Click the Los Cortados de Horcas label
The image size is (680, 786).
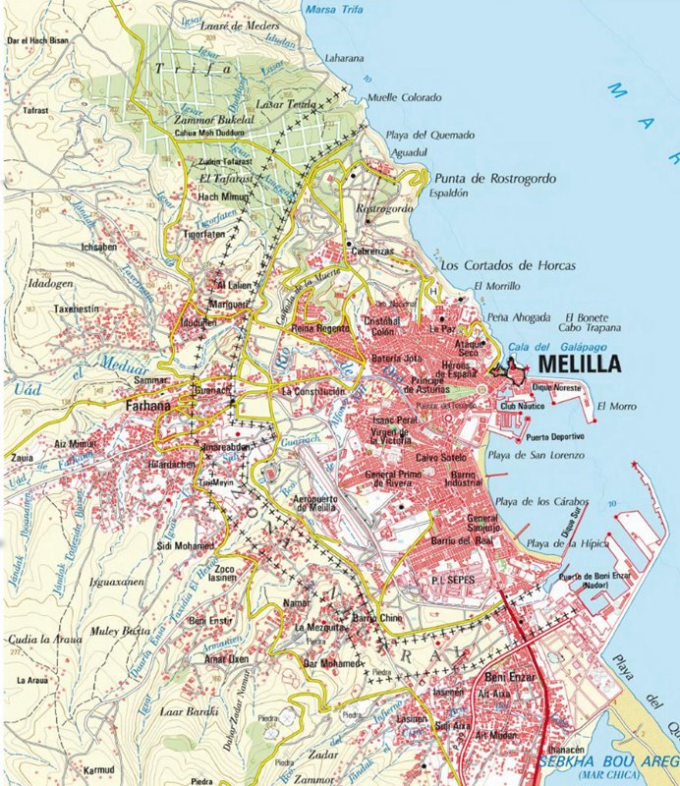[x=507, y=265]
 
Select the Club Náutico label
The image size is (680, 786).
[x=522, y=405]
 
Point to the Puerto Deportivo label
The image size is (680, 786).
[x=555, y=436]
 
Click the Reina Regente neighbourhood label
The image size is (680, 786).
[x=319, y=328]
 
